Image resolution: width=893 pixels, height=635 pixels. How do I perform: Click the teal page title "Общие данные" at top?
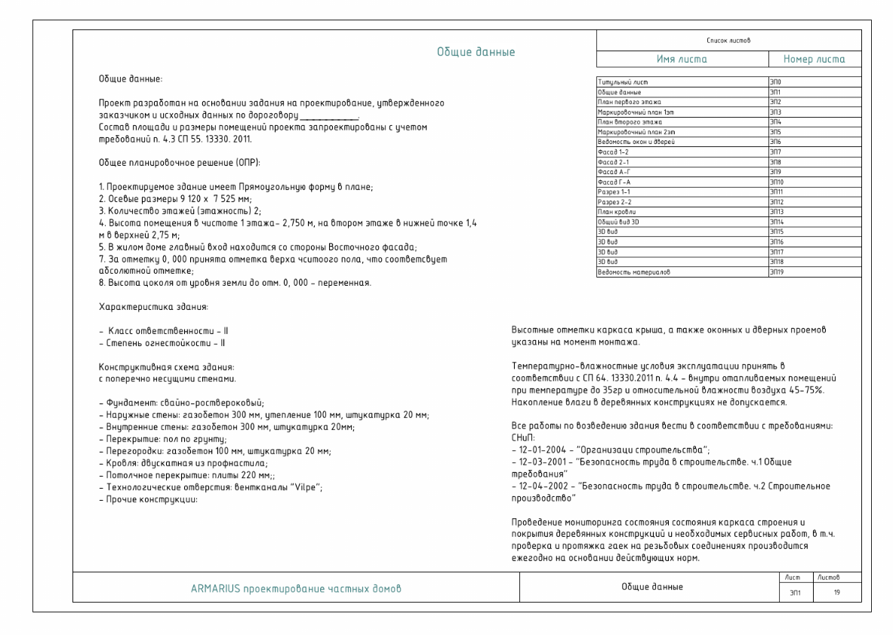pos(476,52)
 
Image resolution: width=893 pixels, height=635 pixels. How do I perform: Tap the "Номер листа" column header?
pos(814,59)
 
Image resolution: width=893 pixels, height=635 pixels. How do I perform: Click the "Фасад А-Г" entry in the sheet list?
pos(615,173)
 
